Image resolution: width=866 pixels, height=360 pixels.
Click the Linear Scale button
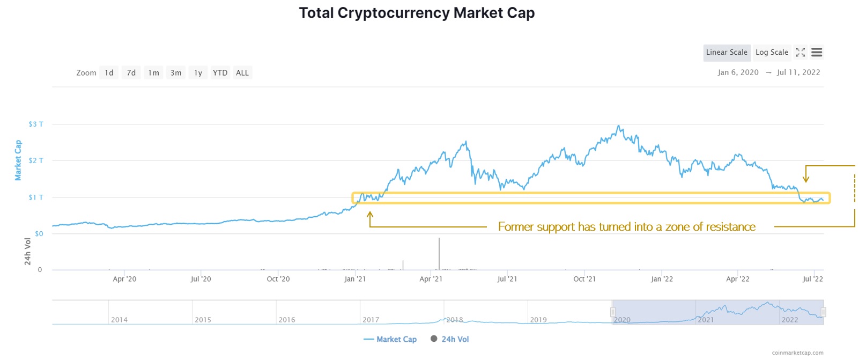coord(727,53)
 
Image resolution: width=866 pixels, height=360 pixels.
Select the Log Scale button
coord(772,53)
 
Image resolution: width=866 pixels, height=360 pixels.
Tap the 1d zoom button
coord(109,73)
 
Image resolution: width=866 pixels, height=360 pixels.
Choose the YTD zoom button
coord(220,73)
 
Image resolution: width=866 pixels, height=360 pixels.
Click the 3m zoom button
coord(176,73)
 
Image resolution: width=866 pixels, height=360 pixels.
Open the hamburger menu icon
coord(817,53)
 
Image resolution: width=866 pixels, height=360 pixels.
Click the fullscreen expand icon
coord(801,53)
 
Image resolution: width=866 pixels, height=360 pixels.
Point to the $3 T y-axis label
coord(36,124)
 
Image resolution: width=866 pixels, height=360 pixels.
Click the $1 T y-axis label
coord(36,197)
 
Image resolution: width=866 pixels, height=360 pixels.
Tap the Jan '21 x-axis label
coord(355,279)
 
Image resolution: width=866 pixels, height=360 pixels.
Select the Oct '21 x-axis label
coord(584,279)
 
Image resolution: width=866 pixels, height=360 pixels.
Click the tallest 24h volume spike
coord(439,252)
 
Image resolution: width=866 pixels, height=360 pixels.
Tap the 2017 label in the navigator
coord(371,320)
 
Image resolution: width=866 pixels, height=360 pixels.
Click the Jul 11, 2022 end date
coord(798,72)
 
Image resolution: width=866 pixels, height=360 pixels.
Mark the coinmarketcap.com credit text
coord(797,353)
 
